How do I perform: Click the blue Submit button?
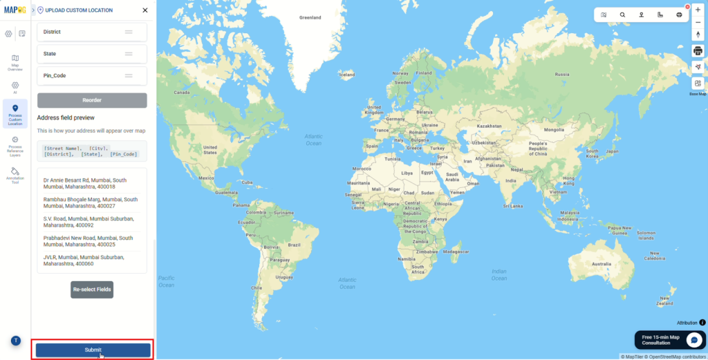tap(93, 350)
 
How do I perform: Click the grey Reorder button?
tap(92, 100)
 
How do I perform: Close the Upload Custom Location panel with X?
tap(145, 10)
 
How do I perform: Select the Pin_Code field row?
tap(92, 75)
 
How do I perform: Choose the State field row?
tap(92, 54)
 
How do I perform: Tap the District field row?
tap(92, 32)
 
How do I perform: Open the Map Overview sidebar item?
tap(15, 62)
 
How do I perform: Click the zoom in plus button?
tap(698, 10)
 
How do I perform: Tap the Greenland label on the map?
tap(310, 17)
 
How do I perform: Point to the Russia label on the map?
tap(561, 74)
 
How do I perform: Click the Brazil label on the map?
tap(294, 245)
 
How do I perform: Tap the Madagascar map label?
tap(456, 252)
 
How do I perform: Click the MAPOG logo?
tap(15, 10)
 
